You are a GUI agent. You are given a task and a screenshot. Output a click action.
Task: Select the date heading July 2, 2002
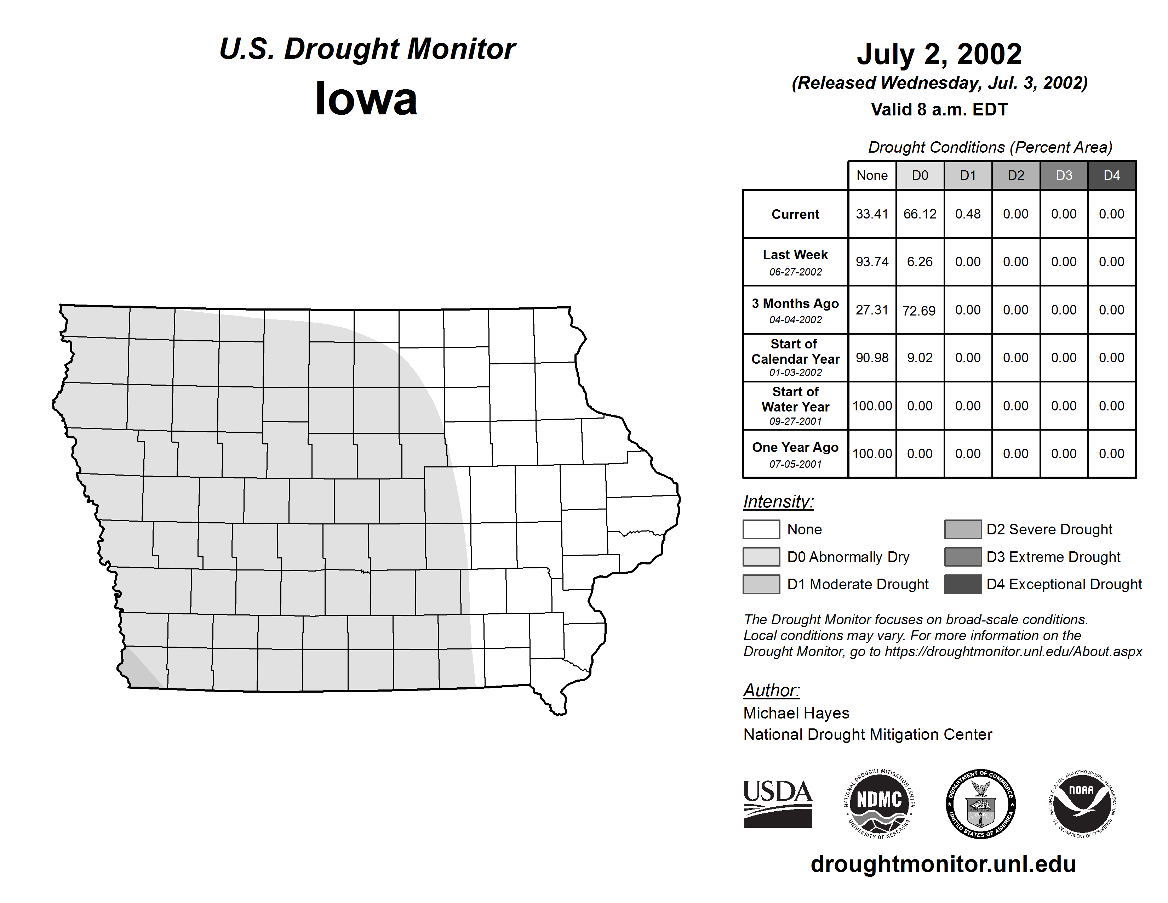click(x=939, y=54)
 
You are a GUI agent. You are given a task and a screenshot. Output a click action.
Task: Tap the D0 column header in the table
click(x=920, y=175)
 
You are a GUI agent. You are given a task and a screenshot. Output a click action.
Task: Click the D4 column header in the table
click(x=1111, y=175)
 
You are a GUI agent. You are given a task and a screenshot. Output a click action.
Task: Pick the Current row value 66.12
click(x=920, y=214)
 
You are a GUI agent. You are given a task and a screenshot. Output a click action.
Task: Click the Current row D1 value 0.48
click(x=968, y=214)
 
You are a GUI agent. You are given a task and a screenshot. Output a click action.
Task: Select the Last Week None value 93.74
click(x=872, y=262)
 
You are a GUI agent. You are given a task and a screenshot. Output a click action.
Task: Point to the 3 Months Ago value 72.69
click(x=919, y=310)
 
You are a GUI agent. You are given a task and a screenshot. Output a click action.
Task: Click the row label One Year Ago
click(x=795, y=448)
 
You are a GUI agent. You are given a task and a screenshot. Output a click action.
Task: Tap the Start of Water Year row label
click(x=795, y=399)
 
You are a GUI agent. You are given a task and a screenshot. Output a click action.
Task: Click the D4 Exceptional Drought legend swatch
click(x=963, y=584)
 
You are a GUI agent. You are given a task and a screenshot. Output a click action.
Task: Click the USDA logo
click(x=778, y=803)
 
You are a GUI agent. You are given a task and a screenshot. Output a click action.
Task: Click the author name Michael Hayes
click(x=796, y=713)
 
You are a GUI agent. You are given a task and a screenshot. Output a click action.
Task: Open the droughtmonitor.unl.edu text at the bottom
click(x=943, y=864)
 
